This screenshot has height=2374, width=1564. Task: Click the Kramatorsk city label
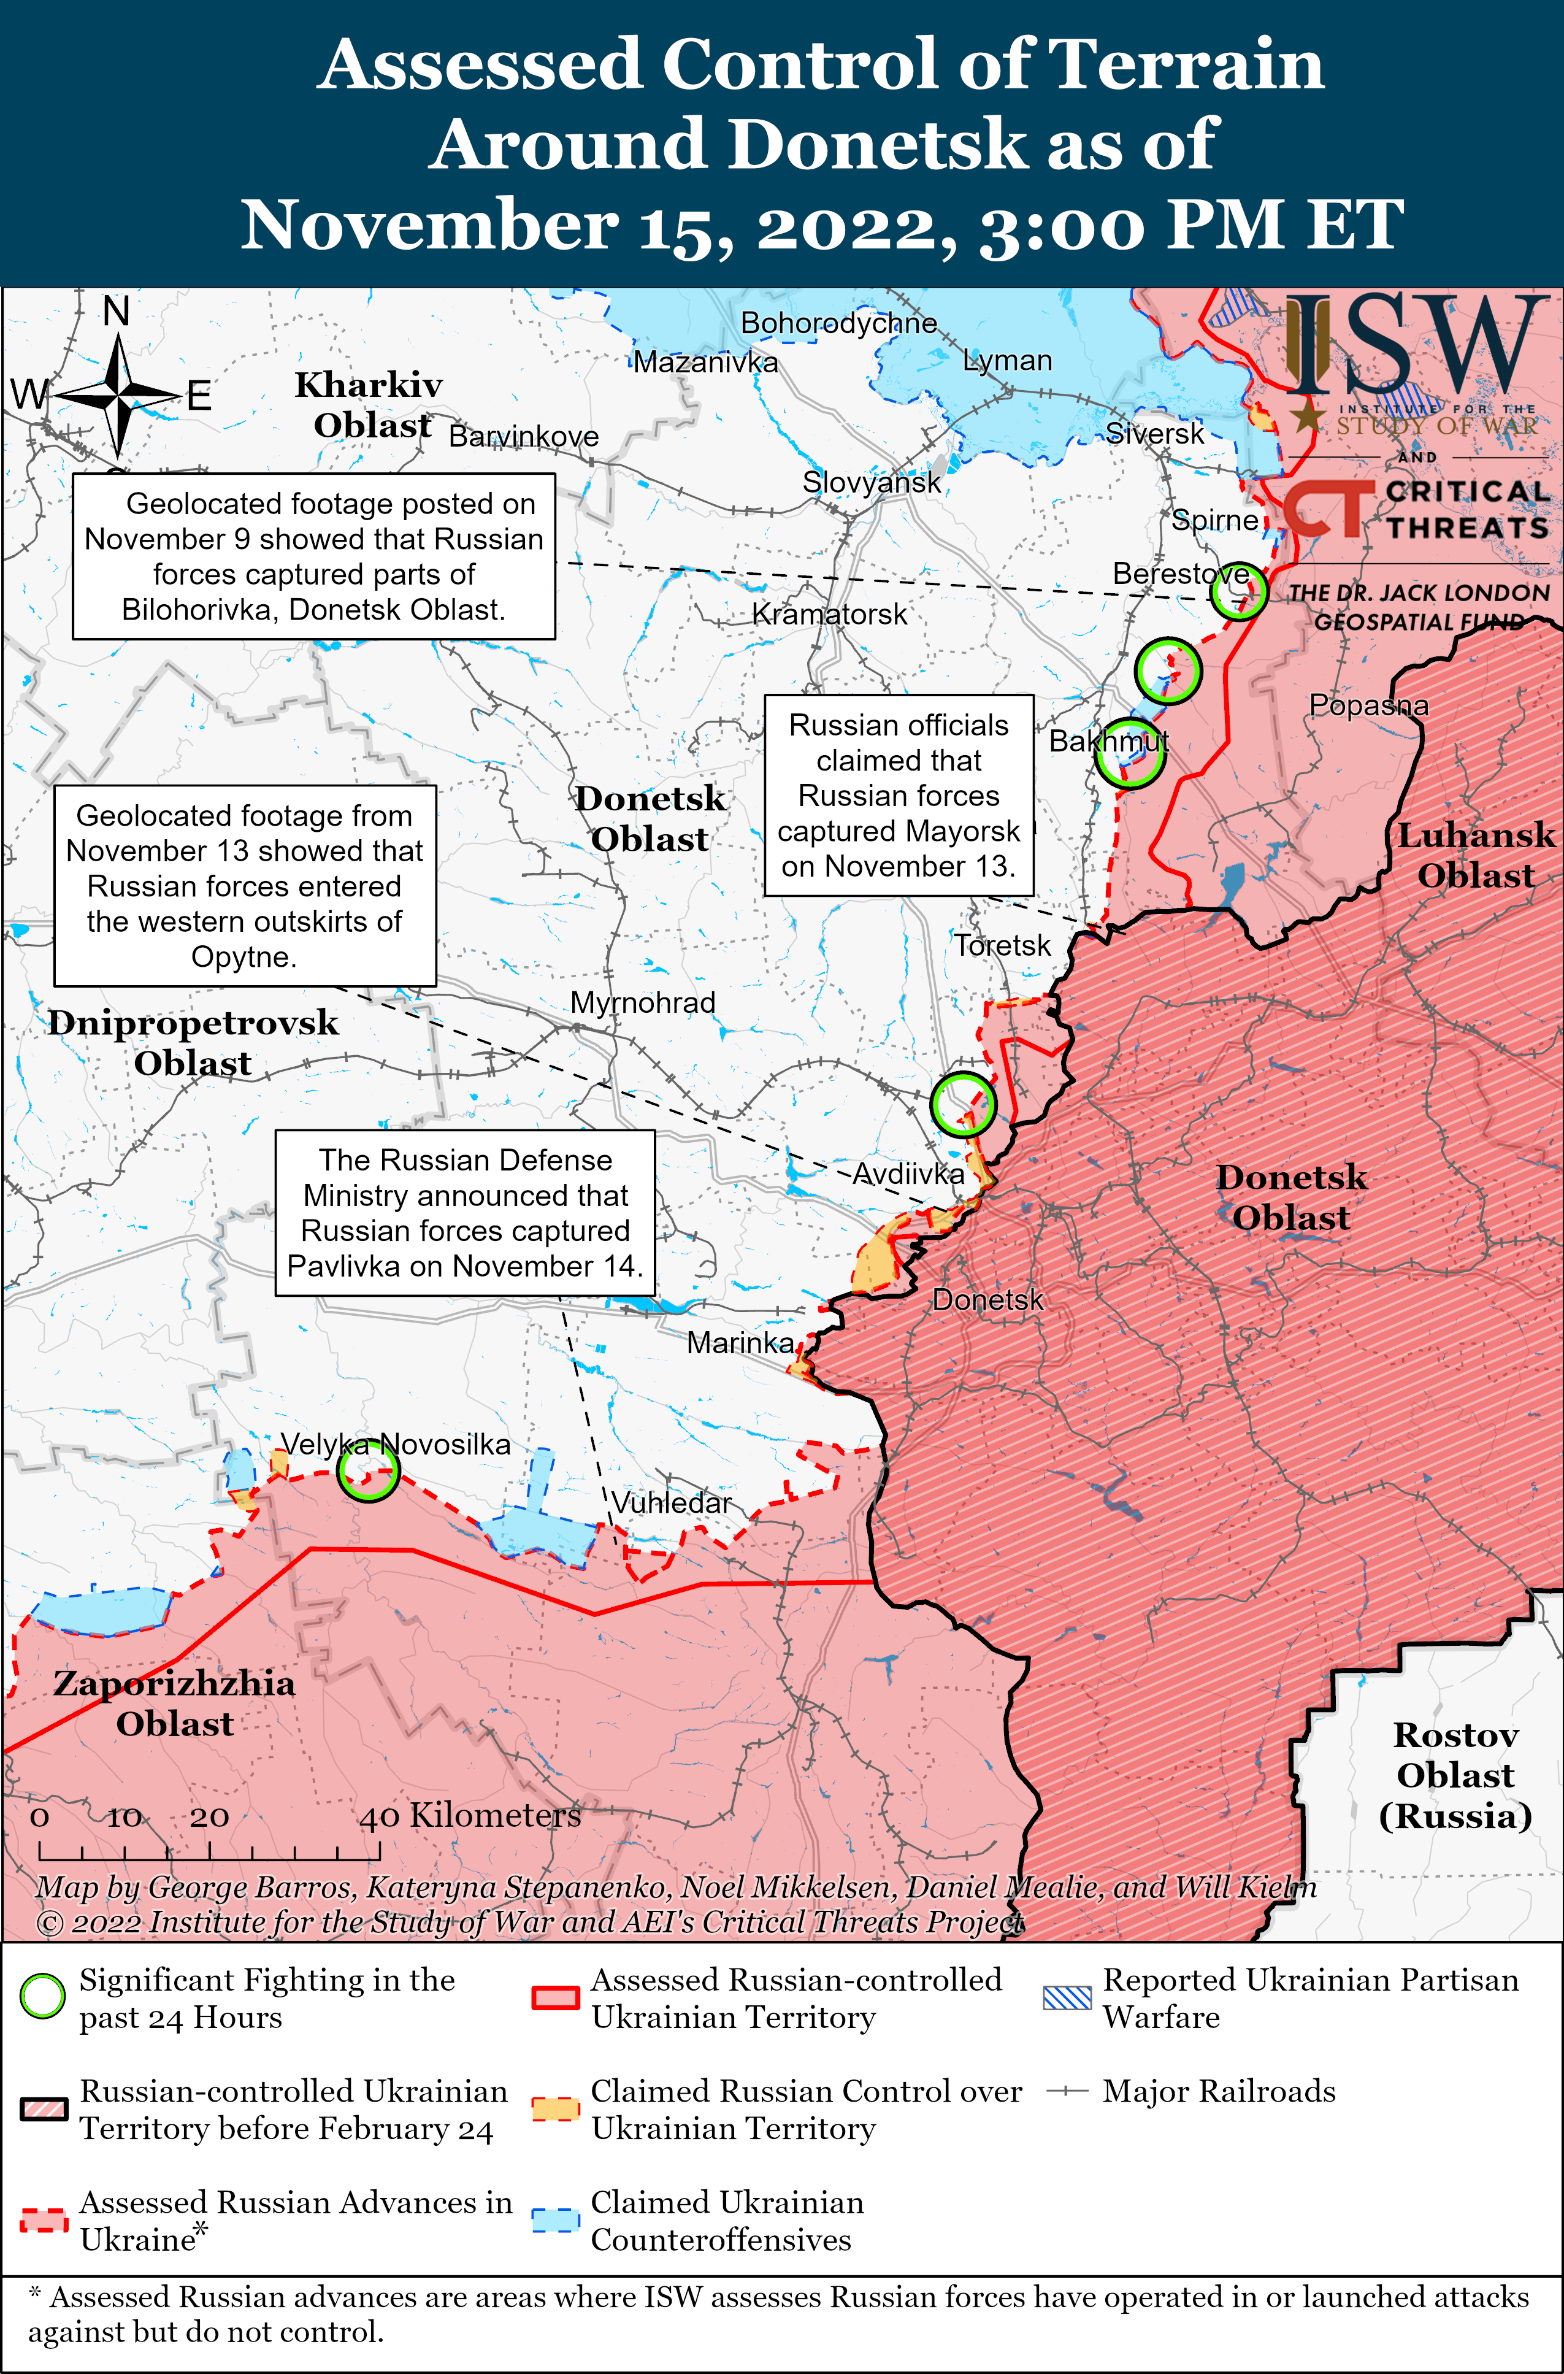pos(829,615)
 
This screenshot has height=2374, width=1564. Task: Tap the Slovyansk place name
pos(871,483)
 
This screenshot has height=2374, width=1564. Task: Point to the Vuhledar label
pos(671,1502)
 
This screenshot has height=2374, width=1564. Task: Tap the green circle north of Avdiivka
pos(962,1104)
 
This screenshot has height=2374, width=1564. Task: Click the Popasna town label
pos(1368,705)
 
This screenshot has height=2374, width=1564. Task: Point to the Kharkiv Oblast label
pos(369,404)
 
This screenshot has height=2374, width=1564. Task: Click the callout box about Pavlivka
pos(465,1212)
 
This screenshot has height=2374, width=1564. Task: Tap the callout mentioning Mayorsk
pos(898,795)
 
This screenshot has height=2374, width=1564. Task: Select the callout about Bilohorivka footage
pos(313,556)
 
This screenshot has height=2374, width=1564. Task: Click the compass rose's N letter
pos(117,311)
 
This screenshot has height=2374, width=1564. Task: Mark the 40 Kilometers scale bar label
pos(470,1815)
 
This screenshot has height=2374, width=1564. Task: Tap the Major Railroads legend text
pos(1218,2091)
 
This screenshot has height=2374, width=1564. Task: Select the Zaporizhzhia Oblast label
pos(175,1703)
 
